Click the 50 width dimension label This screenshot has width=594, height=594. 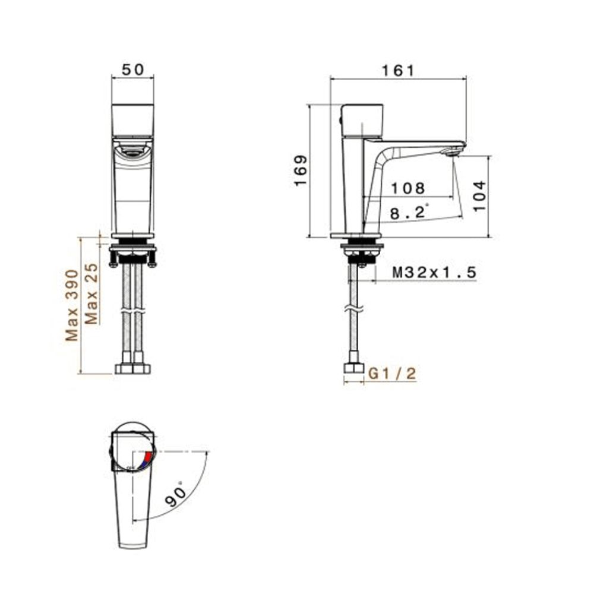[132, 69]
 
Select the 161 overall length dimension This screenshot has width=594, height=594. [397, 70]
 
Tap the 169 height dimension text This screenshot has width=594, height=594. [301, 171]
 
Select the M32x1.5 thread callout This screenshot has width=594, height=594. [435, 273]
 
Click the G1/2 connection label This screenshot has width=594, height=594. [392, 374]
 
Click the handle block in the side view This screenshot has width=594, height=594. [362, 120]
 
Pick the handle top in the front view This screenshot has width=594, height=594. [132, 119]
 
